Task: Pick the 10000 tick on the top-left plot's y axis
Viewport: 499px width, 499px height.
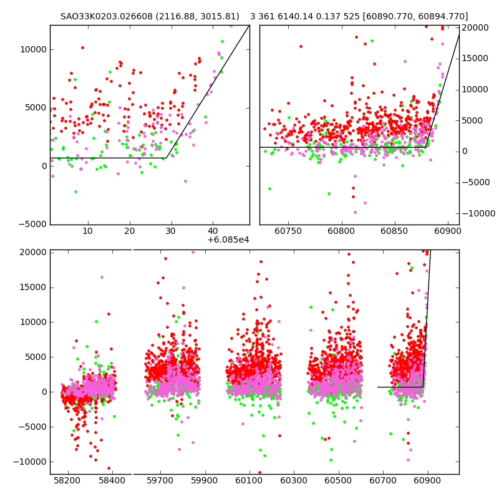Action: pos(34,50)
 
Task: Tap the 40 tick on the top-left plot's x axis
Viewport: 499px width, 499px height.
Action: pos(213,232)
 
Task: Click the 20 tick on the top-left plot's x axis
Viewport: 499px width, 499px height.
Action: pos(130,232)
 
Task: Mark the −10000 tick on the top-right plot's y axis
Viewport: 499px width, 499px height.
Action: pos(475,213)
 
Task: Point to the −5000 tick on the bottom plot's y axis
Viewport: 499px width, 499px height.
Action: pos(32,427)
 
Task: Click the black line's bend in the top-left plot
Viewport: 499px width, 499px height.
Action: pos(167,158)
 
